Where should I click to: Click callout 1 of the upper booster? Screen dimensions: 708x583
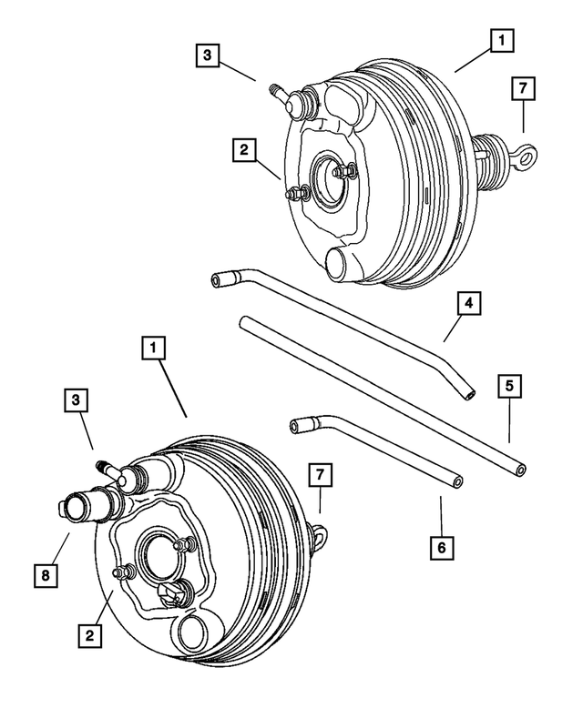500,40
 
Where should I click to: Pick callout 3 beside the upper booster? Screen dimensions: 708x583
209,55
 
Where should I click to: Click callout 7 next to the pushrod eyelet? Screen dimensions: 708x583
522,88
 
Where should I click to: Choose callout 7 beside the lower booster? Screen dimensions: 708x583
319,473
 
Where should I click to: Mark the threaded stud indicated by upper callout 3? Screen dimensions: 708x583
275,90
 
